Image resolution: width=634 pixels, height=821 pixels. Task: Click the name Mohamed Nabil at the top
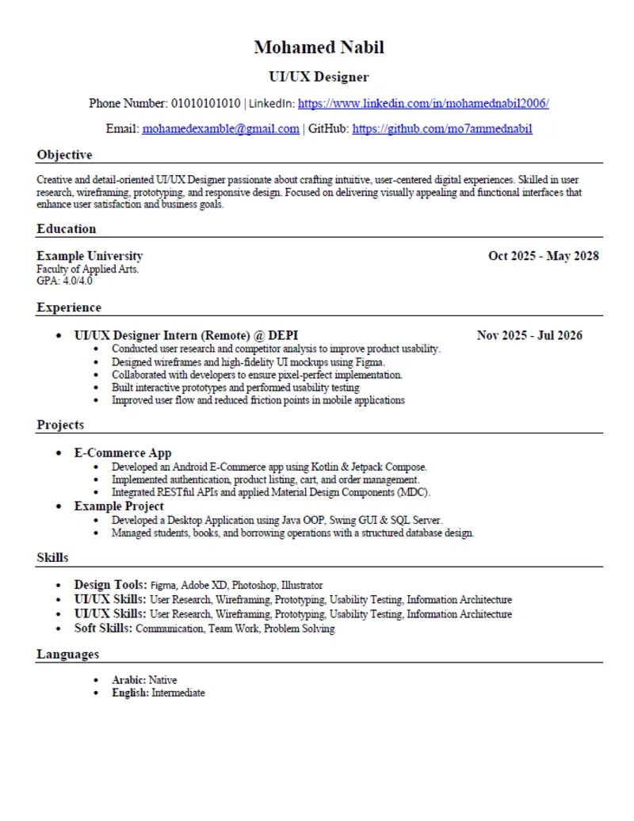[319, 48]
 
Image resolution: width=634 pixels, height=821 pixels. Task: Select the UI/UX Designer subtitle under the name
[319, 77]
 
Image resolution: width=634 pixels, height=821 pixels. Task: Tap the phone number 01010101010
[205, 103]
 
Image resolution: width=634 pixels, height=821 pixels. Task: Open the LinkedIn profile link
[423, 103]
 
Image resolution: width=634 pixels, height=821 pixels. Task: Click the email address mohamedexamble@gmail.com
[220, 128]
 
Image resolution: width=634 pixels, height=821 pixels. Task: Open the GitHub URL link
[442, 128]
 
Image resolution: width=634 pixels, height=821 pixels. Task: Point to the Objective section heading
[64, 155]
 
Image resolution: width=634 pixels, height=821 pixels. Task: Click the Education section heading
[66, 229]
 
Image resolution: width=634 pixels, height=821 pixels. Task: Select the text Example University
[90, 256]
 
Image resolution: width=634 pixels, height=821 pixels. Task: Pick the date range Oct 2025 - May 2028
[543, 256]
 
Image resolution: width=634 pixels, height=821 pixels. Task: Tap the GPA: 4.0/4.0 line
[64, 281]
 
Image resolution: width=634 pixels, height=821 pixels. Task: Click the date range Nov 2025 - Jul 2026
[529, 335]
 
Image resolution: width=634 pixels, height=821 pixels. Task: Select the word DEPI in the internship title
[283, 335]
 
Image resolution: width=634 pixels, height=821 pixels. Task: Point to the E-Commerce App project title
[123, 453]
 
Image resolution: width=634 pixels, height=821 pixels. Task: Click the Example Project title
[119, 506]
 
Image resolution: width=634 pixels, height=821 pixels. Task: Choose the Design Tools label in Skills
[110, 585]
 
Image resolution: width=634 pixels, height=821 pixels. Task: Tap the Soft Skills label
[103, 628]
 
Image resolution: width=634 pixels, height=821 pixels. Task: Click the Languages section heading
[67, 655]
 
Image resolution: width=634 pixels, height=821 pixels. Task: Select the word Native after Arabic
[162, 680]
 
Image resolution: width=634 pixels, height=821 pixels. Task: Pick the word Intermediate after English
[178, 693]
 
